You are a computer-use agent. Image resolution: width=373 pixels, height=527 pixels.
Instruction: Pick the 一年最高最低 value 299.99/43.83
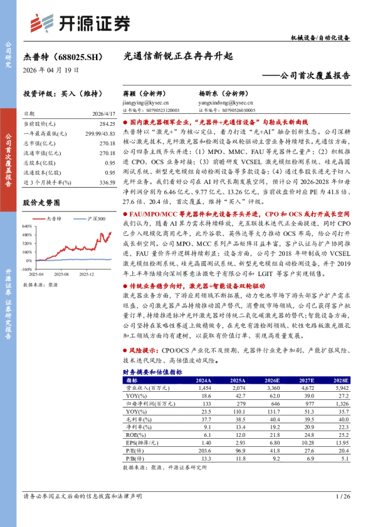pos(97,133)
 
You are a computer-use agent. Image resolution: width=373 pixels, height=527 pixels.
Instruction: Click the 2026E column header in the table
pos(272,379)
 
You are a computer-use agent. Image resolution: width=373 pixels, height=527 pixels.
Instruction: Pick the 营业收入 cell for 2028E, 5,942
pos(340,388)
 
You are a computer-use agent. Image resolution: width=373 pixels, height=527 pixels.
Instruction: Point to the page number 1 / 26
pos(343,496)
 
